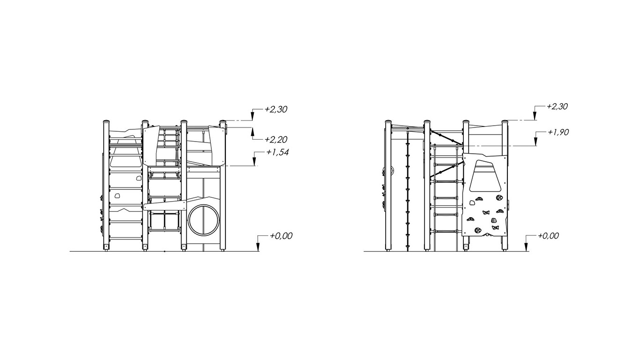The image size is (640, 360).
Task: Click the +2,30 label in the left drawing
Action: point(275,110)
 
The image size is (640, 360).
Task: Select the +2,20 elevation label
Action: point(275,140)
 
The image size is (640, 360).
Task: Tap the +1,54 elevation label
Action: point(277,152)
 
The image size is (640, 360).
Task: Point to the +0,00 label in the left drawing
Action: point(282,236)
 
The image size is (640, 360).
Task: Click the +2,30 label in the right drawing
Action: point(557,106)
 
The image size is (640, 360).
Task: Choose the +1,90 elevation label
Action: point(558,132)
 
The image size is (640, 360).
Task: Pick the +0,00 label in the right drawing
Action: point(548,236)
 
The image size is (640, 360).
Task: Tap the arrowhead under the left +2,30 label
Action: point(252,116)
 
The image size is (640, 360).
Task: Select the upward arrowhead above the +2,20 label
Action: point(252,132)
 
